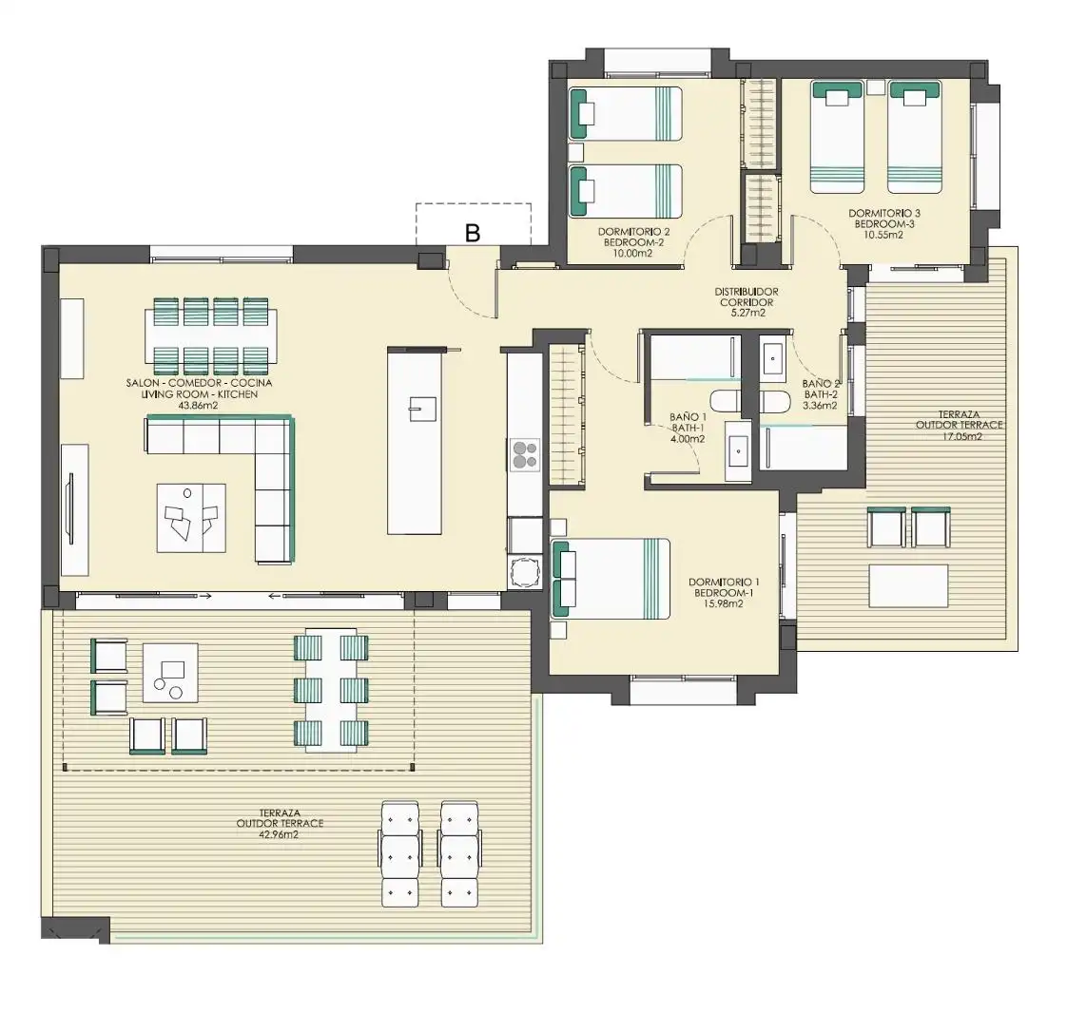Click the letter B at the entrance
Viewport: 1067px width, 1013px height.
tap(473, 233)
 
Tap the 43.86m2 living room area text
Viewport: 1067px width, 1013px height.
tap(199, 406)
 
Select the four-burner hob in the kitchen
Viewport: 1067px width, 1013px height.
tap(525, 455)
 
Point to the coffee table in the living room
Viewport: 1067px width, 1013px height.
tap(191, 517)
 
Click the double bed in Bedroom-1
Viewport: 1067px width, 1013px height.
tap(611, 579)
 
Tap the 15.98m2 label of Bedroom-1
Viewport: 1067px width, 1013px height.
tap(724, 603)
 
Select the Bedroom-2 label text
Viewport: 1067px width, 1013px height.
tap(633, 242)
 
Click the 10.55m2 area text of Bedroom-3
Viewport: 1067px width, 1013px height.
tap(884, 236)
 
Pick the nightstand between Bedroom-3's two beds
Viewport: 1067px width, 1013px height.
tap(876, 87)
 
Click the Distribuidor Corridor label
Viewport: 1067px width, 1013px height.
tap(747, 297)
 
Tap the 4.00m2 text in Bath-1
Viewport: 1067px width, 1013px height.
tap(688, 439)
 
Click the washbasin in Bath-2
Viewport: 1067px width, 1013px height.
tap(774, 358)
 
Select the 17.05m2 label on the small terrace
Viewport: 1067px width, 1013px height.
tap(959, 437)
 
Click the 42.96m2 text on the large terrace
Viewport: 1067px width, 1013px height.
tap(280, 834)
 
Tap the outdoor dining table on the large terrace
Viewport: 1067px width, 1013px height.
tap(331, 690)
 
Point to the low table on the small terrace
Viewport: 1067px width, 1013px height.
tap(908, 586)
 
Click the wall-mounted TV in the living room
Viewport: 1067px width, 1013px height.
tap(70, 507)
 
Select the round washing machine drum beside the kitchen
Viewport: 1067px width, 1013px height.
tap(525, 572)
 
